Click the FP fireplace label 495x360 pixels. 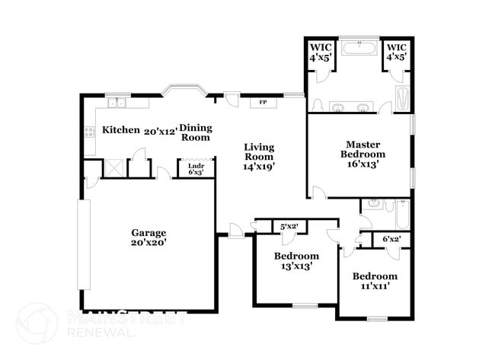click(x=263, y=102)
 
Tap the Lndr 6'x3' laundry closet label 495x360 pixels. click(x=195, y=170)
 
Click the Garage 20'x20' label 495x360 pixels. click(x=148, y=237)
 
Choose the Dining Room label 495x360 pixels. click(x=195, y=132)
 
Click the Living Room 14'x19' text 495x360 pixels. click(x=259, y=156)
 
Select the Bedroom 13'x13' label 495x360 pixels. click(x=296, y=261)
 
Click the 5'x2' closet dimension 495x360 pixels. click(x=289, y=227)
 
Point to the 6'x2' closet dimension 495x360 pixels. click(x=391, y=239)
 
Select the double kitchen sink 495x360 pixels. click(x=117, y=103)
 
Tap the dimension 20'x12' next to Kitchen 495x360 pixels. click(x=161, y=131)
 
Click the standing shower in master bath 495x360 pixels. click(x=401, y=99)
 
